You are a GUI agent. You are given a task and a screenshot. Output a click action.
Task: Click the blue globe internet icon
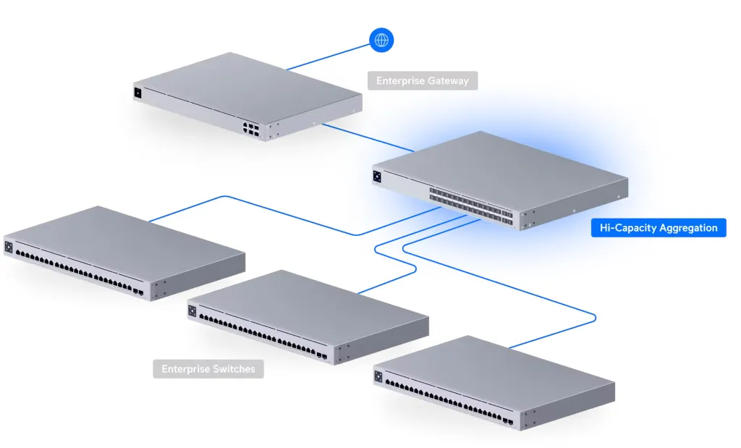point(381,41)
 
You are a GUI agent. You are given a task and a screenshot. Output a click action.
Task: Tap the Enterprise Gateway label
point(423,81)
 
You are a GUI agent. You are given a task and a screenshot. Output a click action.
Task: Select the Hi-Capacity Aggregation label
point(659,228)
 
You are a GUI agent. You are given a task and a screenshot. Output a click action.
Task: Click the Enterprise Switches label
point(208,369)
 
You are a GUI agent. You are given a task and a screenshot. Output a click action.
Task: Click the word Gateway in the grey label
point(446,81)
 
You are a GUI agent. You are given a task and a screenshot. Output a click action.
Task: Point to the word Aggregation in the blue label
point(688,228)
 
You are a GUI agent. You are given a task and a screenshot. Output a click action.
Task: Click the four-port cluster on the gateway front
point(251,130)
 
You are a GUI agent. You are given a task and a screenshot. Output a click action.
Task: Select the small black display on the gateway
point(137,93)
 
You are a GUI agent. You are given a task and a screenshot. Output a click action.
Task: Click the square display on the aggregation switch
point(377,177)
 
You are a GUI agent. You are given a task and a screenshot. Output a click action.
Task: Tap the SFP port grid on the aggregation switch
point(471,204)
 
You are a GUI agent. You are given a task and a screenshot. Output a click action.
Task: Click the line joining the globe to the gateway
point(328,57)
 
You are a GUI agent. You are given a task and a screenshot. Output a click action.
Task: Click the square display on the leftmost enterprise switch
point(9,247)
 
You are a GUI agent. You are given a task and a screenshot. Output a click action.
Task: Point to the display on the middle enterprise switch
point(192,311)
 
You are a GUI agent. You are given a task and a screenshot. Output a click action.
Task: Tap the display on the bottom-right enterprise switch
point(378,376)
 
